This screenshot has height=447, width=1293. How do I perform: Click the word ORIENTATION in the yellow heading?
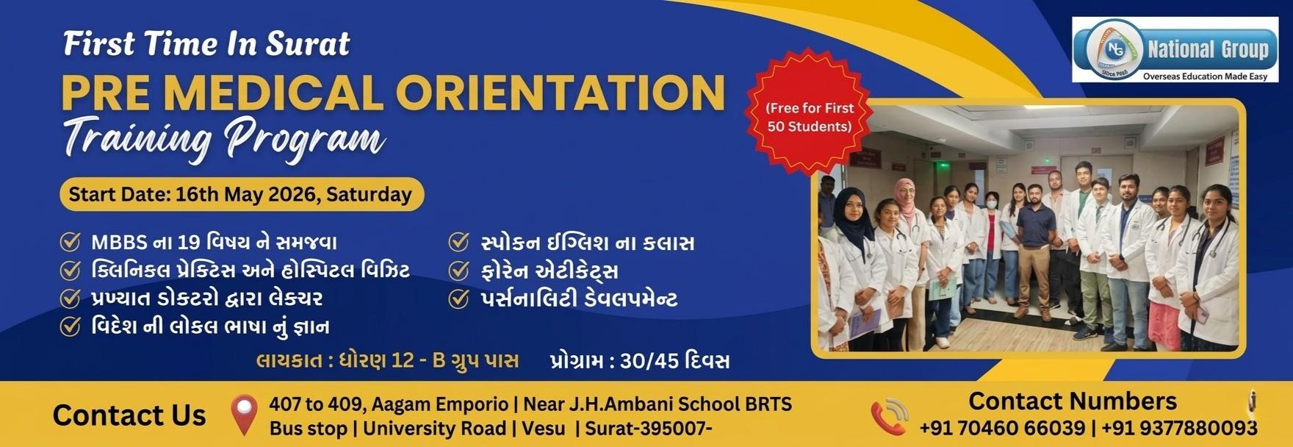pyautogui.click(x=561, y=93)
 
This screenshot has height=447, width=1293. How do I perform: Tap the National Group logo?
pyautogui.click(x=1175, y=50)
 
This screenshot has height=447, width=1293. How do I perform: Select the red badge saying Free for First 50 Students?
pyautogui.click(x=809, y=118)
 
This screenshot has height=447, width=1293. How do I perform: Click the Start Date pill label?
pyautogui.click(x=241, y=195)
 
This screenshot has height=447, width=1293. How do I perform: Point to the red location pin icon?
pyautogui.click(x=244, y=415)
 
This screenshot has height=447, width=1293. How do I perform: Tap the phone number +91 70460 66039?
pyautogui.click(x=1002, y=428)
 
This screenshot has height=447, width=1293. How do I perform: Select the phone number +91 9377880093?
pyautogui.click(x=1180, y=428)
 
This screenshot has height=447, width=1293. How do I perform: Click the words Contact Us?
pyautogui.click(x=129, y=415)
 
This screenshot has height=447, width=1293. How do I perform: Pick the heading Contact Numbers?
pyautogui.click(x=1073, y=401)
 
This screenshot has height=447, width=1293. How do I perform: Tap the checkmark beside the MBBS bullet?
pyautogui.click(x=70, y=243)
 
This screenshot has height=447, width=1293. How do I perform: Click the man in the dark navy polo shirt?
pyautogui.click(x=1036, y=250)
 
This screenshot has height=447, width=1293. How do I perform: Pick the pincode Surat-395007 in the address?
pyautogui.click(x=649, y=429)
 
